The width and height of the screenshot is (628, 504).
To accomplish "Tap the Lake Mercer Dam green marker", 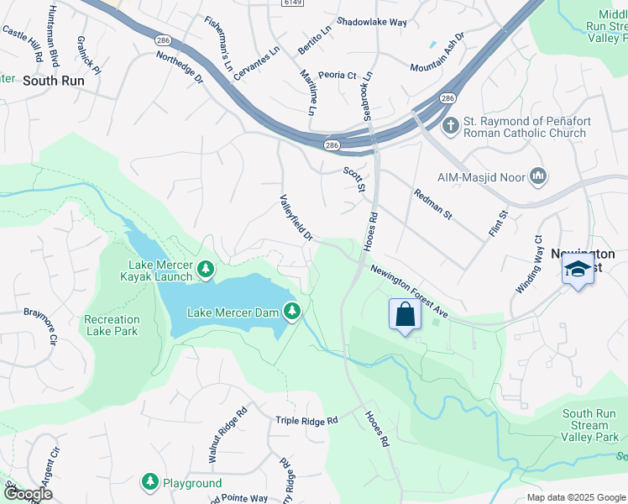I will coord(292,312).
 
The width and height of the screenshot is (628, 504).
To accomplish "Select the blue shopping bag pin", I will coord(405,316).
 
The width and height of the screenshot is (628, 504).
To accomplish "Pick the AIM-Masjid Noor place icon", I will coord(538,176).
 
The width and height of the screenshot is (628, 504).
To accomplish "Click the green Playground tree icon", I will coord(150,483).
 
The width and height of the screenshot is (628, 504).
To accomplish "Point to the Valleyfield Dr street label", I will coord(296,218).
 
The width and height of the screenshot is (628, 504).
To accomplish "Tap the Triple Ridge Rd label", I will coord(306,420).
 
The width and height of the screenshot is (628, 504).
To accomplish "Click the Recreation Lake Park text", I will coord(112,325).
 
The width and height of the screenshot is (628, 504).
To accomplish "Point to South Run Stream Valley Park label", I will coord(590,425).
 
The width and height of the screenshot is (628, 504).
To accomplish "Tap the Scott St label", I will coord(354,179).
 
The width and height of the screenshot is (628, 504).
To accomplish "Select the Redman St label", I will coord(432,204).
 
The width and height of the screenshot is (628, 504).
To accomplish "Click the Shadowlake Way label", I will coord(370,22).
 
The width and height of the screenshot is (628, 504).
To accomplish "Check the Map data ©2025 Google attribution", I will coord(576,497).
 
